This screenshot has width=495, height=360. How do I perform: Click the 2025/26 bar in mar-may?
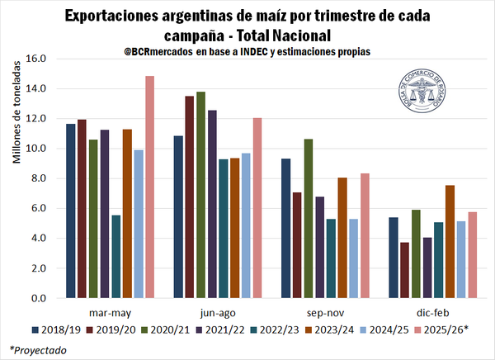point(150,187)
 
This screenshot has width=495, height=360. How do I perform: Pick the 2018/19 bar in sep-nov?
point(285,228)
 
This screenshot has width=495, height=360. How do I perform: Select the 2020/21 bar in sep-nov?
point(309,218)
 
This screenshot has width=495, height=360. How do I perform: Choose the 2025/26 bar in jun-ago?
point(257,207)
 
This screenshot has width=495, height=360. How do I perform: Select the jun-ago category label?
point(217,314)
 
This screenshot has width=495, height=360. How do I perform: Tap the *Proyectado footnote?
point(38,350)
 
